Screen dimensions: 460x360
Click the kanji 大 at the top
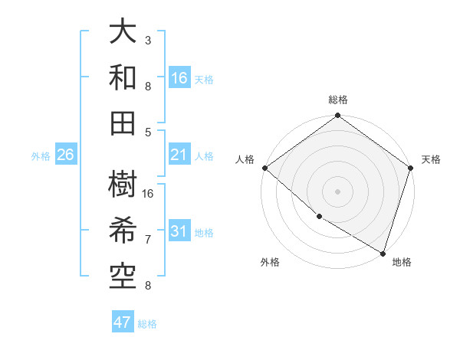tap(123, 33)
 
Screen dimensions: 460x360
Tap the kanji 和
tap(123, 77)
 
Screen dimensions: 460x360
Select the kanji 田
tap(123, 121)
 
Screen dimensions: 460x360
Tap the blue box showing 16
tap(179, 77)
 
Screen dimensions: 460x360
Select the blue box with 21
tap(179, 155)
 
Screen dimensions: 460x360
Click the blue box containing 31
tap(179, 231)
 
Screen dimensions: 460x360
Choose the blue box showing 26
tap(66, 155)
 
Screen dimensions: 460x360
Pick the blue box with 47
tap(123, 322)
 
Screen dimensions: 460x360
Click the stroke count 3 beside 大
tap(148, 39)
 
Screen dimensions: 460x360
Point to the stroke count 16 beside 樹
tap(148, 194)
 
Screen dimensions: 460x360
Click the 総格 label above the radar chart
tap(337, 100)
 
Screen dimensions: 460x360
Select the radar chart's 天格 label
tap(431, 159)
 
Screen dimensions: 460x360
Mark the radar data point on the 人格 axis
tap(264, 167)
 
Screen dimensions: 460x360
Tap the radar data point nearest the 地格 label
tap(383, 253)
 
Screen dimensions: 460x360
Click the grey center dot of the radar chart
tap(337, 191)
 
